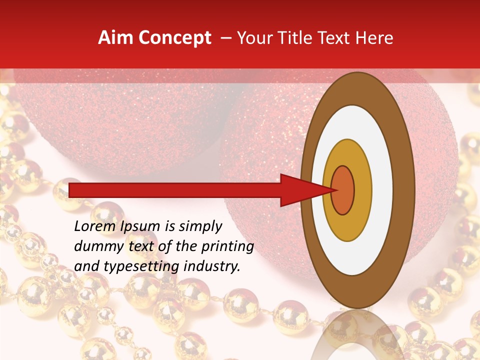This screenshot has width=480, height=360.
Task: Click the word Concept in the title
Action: (x=174, y=38)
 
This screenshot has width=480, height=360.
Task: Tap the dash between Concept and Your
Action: (x=225, y=38)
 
